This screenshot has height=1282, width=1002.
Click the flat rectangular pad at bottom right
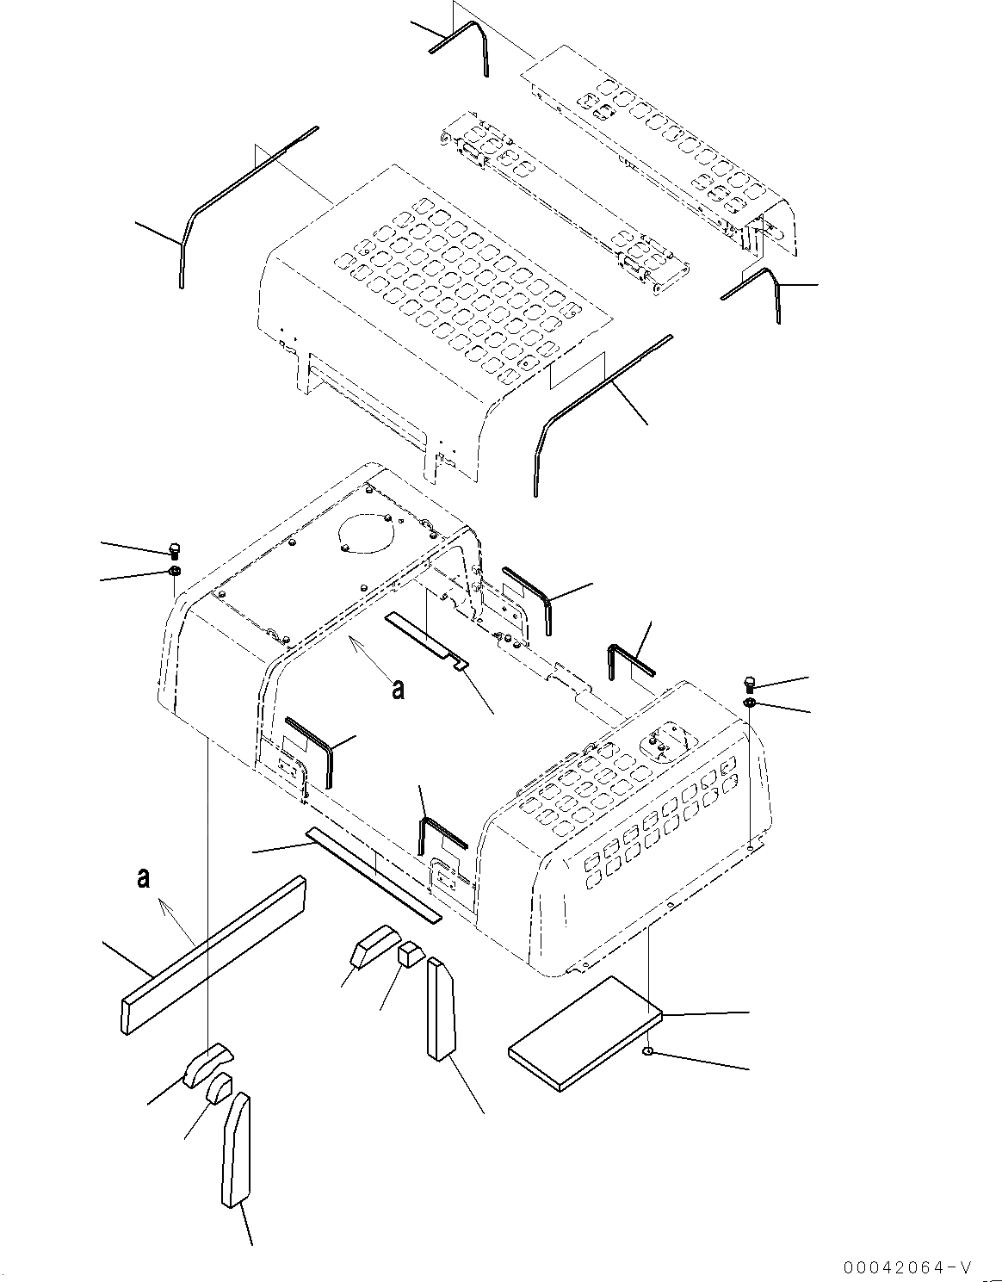point(585,1033)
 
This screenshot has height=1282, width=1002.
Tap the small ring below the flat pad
point(646,1052)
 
